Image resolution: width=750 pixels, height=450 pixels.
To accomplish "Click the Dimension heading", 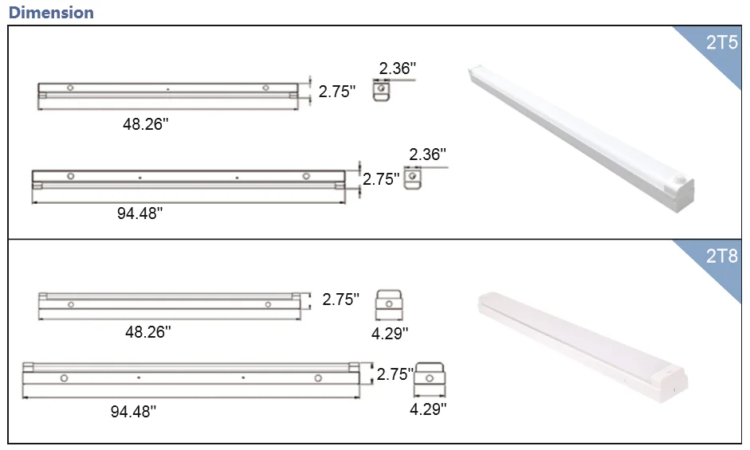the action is pyautogui.click(x=51, y=13).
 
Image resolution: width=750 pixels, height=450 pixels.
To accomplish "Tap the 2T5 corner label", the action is pyautogui.click(x=722, y=42).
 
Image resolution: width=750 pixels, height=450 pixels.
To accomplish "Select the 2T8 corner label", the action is pyautogui.click(x=722, y=256).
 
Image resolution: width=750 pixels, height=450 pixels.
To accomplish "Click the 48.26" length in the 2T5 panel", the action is pyautogui.click(x=145, y=124).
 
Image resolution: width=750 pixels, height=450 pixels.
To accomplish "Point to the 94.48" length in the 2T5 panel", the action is pyautogui.click(x=139, y=213).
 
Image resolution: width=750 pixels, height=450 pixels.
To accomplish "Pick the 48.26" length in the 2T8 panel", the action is pyautogui.click(x=147, y=332).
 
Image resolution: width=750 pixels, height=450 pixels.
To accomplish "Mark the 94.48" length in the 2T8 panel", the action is pyautogui.click(x=133, y=411).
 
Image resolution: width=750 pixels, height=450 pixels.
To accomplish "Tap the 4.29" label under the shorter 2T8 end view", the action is pyautogui.click(x=390, y=333).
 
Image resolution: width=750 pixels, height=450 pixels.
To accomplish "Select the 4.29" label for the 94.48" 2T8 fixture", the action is pyautogui.click(x=428, y=409).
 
